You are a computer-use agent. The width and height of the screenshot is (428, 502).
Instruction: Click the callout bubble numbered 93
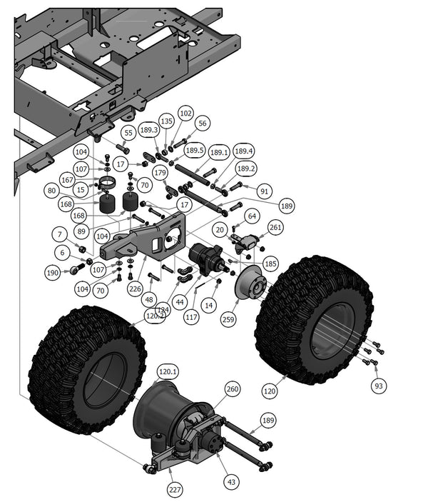point(379,386)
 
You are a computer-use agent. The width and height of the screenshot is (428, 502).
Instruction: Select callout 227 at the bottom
point(175,490)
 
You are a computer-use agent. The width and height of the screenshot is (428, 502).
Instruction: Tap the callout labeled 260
point(233,389)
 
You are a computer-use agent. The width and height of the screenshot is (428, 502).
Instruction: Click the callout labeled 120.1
point(168,372)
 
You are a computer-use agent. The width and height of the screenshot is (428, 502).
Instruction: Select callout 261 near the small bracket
point(275,227)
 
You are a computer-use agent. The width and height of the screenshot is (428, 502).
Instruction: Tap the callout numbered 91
point(265,191)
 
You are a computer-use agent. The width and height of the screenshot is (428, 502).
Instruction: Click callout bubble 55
point(128,133)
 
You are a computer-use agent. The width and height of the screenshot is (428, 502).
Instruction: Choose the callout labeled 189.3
point(149,130)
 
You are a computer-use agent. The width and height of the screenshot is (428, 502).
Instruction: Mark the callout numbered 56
point(203,124)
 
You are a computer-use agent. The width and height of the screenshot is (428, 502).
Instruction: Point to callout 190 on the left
point(52,273)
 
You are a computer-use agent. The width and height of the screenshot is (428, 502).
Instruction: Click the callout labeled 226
point(136,289)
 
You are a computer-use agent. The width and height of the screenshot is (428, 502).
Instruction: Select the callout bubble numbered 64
point(252,216)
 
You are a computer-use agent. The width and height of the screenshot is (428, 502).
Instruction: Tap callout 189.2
point(246,169)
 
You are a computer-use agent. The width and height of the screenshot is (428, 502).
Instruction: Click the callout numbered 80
point(51,191)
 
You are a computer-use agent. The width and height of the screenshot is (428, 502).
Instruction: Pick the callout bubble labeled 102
point(185,113)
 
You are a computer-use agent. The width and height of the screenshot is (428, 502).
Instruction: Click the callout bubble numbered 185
point(270,263)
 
